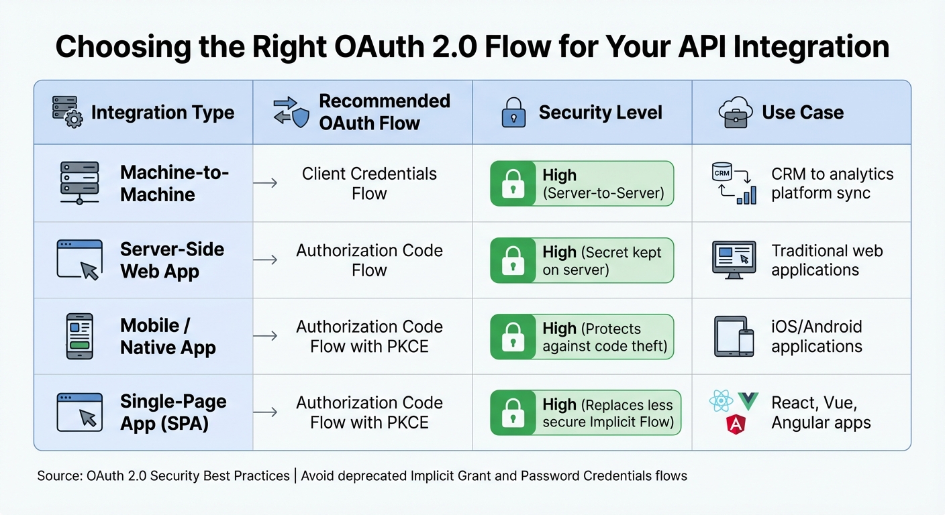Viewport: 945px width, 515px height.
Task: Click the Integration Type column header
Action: click(x=162, y=112)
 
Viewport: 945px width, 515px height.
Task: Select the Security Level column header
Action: click(x=600, y=113)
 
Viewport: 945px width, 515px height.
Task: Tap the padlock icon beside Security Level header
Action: click(x=514, y=113)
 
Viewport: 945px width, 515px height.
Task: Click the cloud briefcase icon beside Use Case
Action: click(x=736, y=112)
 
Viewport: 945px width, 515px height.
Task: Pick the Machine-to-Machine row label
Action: click(x=175, y=184)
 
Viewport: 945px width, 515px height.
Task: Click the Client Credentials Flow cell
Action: click(x=369, y=184)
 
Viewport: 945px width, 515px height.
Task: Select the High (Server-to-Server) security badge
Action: click(x=582, y=184)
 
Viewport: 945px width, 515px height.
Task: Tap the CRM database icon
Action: click(x=722, y=172)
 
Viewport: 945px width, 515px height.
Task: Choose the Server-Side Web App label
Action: click(x=172, y=260)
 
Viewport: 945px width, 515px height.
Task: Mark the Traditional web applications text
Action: click(x=827, y=260)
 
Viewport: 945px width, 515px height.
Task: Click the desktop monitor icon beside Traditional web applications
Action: click(x=734, y=260)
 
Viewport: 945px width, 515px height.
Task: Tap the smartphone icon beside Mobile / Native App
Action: click(x=80, y=335)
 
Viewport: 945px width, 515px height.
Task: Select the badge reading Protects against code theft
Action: click(x=582, y=337)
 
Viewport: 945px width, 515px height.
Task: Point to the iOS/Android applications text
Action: click(x=817, y=337)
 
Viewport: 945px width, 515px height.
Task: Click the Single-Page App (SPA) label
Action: click(x=173, y=412)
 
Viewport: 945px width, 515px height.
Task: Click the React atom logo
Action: click(x=721, y=402)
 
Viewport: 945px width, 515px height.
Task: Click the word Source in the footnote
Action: click(x=59, y=476)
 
